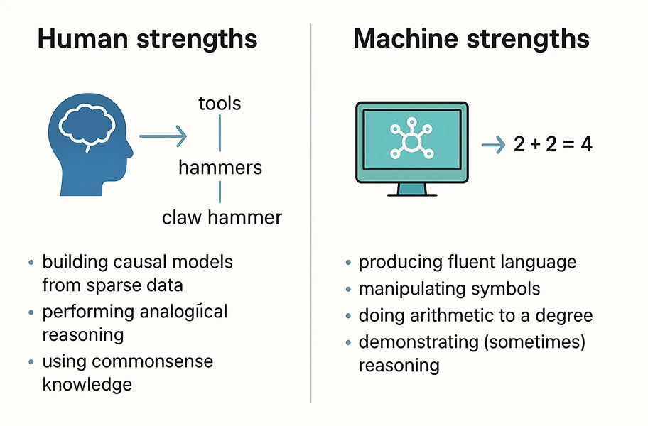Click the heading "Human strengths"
[146, 38]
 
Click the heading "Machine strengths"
[471, 38]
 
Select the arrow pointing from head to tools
[163, 136]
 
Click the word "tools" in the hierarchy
[220, 103]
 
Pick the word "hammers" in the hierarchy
[220, 168]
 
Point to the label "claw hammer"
[222, 217]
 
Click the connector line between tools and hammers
[220, 135]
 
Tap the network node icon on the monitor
[411, 140]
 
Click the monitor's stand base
[411, 192]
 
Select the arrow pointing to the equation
[492, 145]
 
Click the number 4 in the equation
[586, 145]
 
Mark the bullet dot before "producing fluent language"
[348, 263]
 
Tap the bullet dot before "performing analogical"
[31, 312]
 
